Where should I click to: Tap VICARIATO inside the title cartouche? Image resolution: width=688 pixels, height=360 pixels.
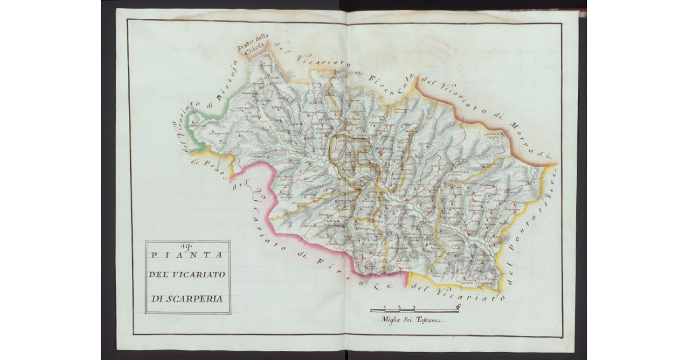point(198,275)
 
